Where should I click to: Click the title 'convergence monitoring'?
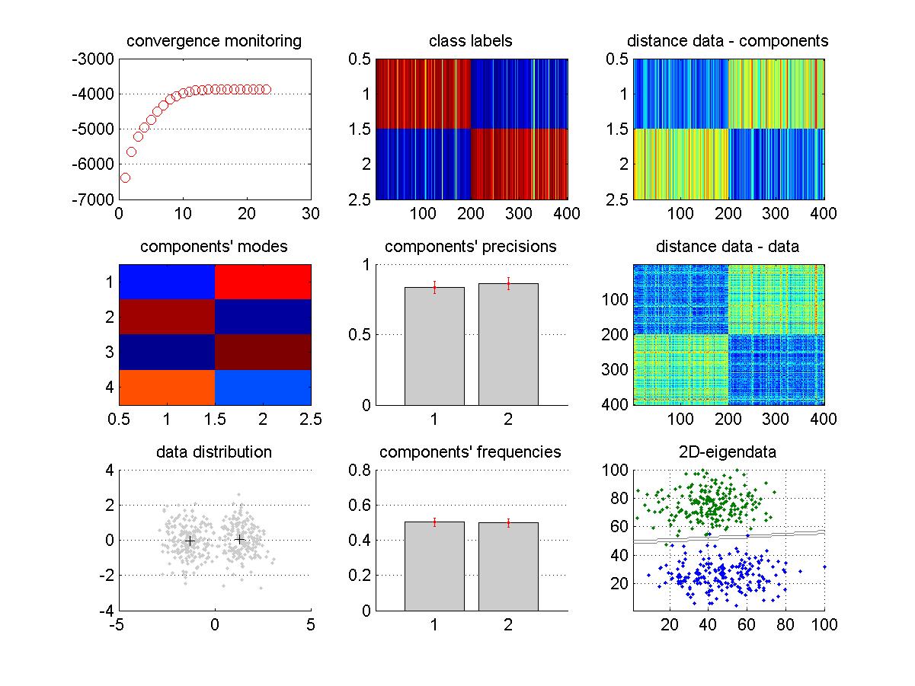[214, 41]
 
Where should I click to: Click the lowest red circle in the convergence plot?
[125, 177]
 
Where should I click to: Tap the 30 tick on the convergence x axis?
[310, 214]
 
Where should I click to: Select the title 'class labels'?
[471, 41]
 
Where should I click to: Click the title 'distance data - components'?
[728, 41]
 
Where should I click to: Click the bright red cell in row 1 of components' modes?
[263, 282]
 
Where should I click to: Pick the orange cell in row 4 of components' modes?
[167, 387]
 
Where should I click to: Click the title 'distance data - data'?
[728, 247]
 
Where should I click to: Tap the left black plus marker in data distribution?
[190, 541]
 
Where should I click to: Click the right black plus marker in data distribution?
[239, 539]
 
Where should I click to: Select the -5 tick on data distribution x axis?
[117, 625]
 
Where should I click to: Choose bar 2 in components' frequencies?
[508, 566]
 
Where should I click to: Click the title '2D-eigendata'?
[728, 452]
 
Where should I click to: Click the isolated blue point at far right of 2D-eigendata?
[824, 567]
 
